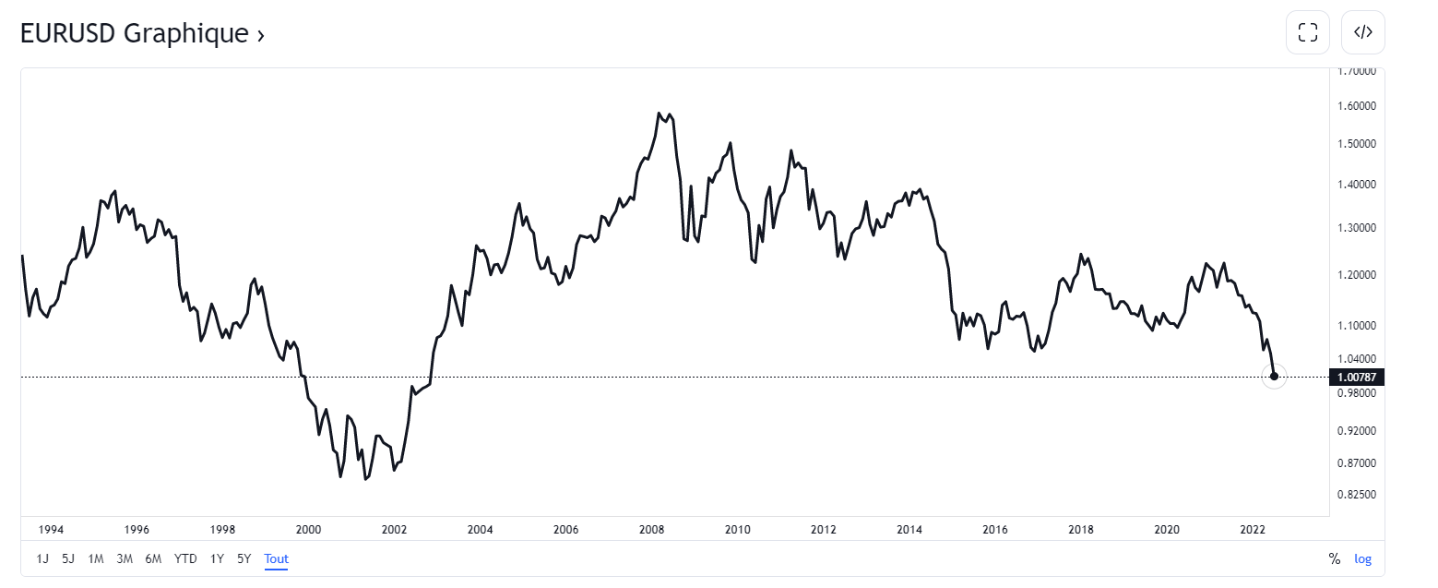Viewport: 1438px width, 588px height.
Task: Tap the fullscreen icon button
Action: tap(1307, 32)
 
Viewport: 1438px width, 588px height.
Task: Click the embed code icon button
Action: tap(1362, 32)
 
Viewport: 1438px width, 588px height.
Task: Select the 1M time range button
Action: tap(96, 558)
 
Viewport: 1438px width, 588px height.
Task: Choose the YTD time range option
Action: tap(185, 558)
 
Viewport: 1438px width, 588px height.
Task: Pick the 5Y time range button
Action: tap(244, 558)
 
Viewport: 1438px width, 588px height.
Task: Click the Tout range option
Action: tap(276, 558)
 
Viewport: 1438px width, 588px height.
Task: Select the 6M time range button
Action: tap(153, 558)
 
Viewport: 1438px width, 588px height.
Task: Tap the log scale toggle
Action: tap(1362, 558)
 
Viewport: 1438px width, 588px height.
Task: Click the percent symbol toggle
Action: tap(1334, 558)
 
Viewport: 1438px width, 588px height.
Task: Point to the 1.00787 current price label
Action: tap(1356, 377)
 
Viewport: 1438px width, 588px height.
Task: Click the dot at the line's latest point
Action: tap(1274, 376)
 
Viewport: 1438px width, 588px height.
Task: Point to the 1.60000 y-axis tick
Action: tap(1356, 105)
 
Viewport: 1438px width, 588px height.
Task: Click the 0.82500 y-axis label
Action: tap(1356, 495)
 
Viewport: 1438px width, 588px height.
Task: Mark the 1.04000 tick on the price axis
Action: tap(1356, 358)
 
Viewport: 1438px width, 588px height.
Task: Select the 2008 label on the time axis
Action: tap(651, 530)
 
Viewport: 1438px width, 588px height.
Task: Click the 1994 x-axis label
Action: tap(51, 530)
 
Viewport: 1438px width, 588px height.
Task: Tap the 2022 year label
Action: tap(1252, 530)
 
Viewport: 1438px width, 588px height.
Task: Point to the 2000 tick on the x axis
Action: tap(308, 530)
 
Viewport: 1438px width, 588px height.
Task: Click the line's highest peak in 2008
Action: tap(660, 113)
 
